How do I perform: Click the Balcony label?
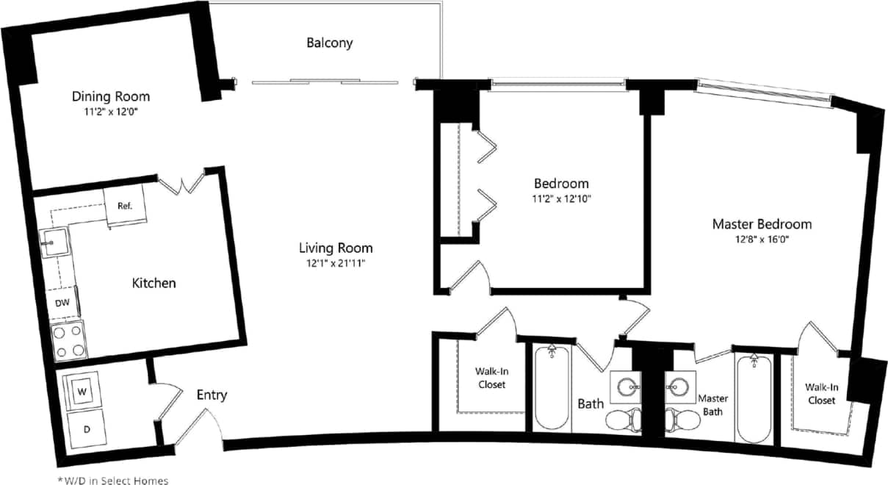[x=329, y=43]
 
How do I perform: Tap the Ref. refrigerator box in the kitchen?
[x=124, y=205]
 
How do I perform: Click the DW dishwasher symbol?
[x=62, y=303]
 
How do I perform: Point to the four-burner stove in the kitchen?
[x=68, y=339]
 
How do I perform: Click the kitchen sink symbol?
[x=53, y=241]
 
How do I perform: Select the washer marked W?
[x=83, y=392]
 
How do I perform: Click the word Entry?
[x=212, y=395]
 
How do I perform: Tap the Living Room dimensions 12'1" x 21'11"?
[x=335, y=263]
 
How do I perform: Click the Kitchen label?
[x=154, y=283]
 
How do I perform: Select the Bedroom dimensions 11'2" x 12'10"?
[x=561, y=198]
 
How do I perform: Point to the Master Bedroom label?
[x=762, y=224]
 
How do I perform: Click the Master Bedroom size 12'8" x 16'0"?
[x=762, y=239]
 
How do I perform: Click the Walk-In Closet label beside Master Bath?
[x=820, y=393]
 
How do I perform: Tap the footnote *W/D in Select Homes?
[x=113, y=480]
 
